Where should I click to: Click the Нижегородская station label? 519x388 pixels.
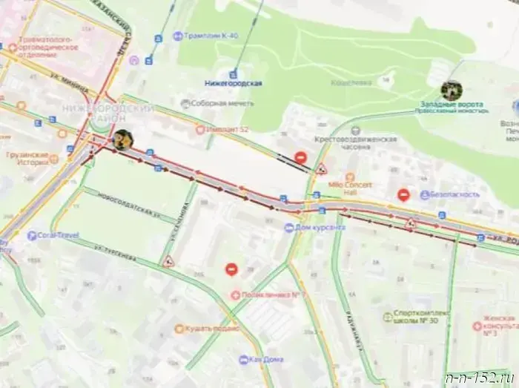pyautogui.click(x=234, y=83)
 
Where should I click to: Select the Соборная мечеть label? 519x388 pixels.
pyautogui.click(x=222, y=103)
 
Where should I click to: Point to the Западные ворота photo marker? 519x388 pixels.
pyautogui.click(x=452, y=91)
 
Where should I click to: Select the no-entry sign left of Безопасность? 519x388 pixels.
pyautogui.click(x=403, y=194)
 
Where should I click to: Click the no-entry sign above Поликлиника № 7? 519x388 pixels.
pyautogui.click(x=231, y=269)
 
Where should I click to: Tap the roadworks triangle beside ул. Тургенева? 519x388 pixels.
pyautogui.click(x=168, y=261)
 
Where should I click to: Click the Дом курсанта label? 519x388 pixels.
pyautogui.click(x=319, y=227)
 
